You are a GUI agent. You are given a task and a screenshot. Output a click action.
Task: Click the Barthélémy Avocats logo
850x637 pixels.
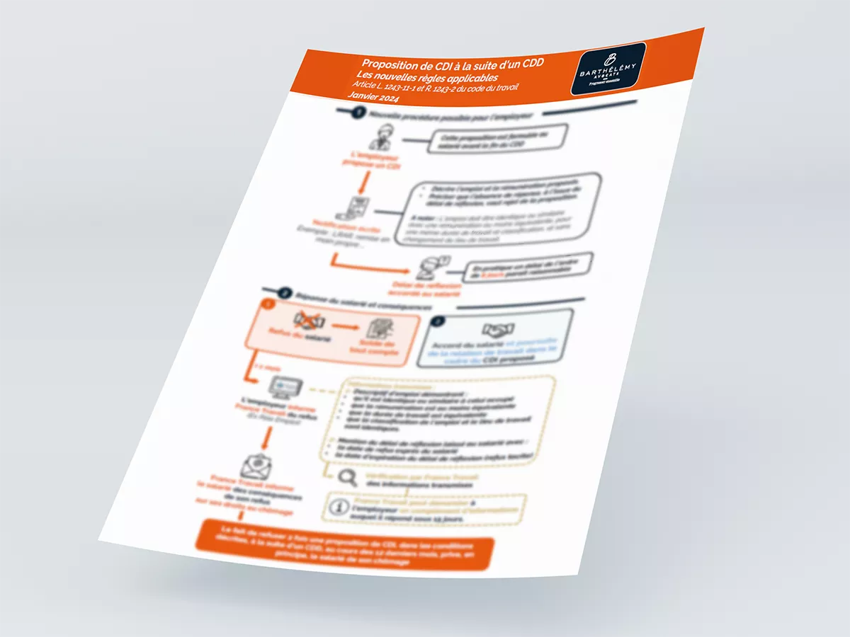coord(608,68)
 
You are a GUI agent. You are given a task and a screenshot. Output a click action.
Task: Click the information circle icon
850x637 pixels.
coord(340,507)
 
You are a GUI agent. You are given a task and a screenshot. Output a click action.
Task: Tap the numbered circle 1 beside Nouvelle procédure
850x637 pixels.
coord(358,112)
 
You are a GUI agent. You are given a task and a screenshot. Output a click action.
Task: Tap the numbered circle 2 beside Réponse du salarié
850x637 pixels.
coord(285,292)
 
